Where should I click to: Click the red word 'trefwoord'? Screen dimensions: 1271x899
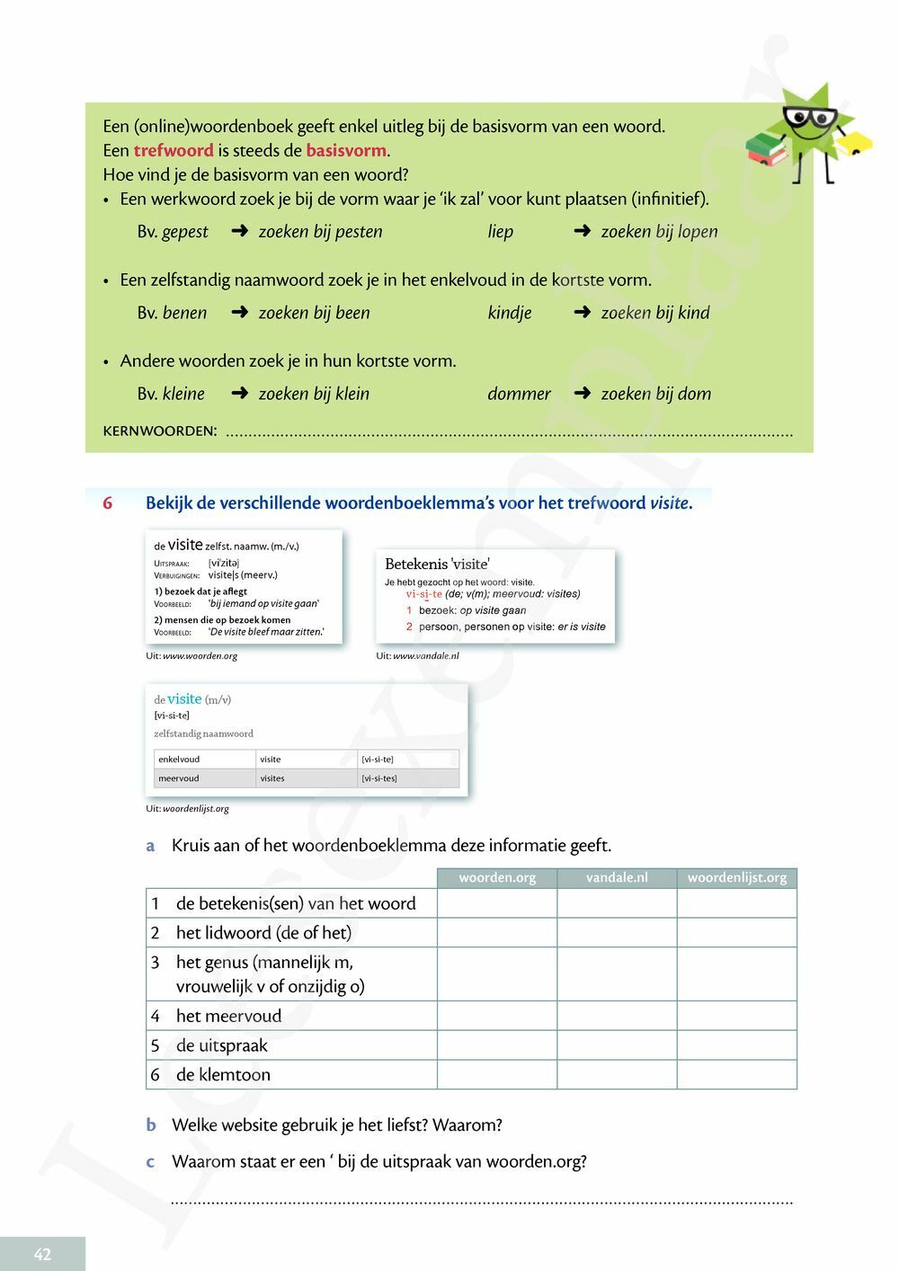pos(174,150)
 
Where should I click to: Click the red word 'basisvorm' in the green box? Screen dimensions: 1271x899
pos(346,150)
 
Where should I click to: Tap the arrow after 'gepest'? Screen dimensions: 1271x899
pos(239,231)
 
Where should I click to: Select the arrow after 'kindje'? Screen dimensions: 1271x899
pos(582,312)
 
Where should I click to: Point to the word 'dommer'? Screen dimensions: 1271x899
pos(519,394)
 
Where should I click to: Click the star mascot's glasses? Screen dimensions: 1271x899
pos(810,119)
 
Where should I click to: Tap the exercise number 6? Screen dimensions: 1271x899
pos(107,503)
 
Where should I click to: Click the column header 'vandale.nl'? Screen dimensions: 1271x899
pos(617,877)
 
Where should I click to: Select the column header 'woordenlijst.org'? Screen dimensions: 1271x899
pos(736,877)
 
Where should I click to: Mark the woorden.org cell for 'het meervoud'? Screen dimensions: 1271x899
pos(497,1016)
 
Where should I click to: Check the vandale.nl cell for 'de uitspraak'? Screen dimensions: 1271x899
pos(617,1045)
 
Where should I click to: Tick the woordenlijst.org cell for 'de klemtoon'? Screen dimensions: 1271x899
pos(736,1074)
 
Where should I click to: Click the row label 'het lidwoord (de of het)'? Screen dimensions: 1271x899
pos(263,932)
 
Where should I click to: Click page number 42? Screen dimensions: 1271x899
pos(42,1254)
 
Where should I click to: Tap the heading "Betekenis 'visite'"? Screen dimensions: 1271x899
pos(437,564)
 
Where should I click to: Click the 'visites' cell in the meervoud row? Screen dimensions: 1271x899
pos(272,778)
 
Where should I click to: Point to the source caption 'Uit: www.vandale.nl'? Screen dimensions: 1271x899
pos(417,656)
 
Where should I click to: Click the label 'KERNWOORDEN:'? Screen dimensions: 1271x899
pos(160,431)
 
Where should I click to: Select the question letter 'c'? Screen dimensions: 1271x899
pos(150,1161)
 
